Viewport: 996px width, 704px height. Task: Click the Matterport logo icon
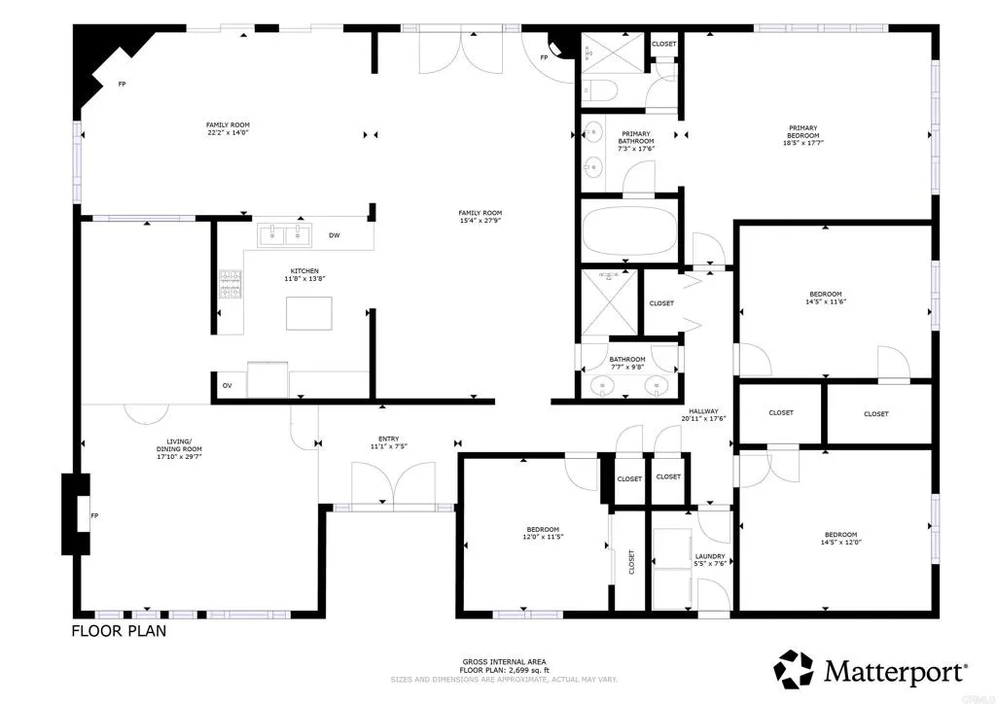793,669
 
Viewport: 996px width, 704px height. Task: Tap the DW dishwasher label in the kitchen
334,235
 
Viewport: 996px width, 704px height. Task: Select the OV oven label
227,386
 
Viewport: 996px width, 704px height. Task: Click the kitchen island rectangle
308,313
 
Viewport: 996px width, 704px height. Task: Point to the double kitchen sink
283,234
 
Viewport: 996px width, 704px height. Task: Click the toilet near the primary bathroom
599,91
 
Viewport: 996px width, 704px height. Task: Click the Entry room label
388,440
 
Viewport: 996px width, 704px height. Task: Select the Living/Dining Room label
179,448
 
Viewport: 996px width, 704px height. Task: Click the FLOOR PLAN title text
119,631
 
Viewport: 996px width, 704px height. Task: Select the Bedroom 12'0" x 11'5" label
543,535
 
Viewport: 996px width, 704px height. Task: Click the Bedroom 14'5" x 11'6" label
825,298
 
